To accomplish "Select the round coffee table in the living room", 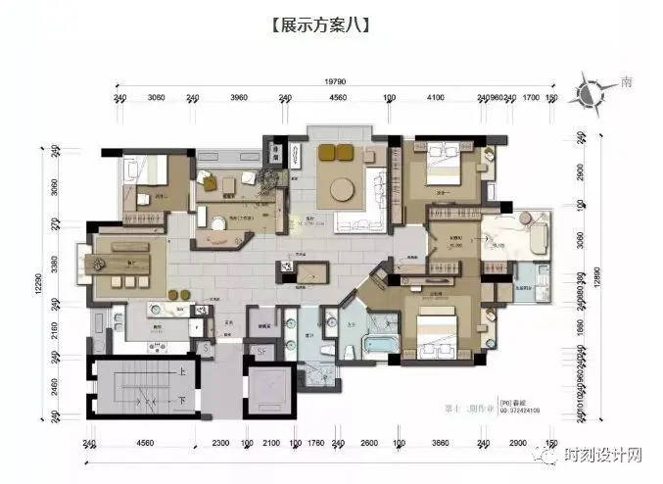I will point(344,188).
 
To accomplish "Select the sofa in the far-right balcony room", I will point(538,233).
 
